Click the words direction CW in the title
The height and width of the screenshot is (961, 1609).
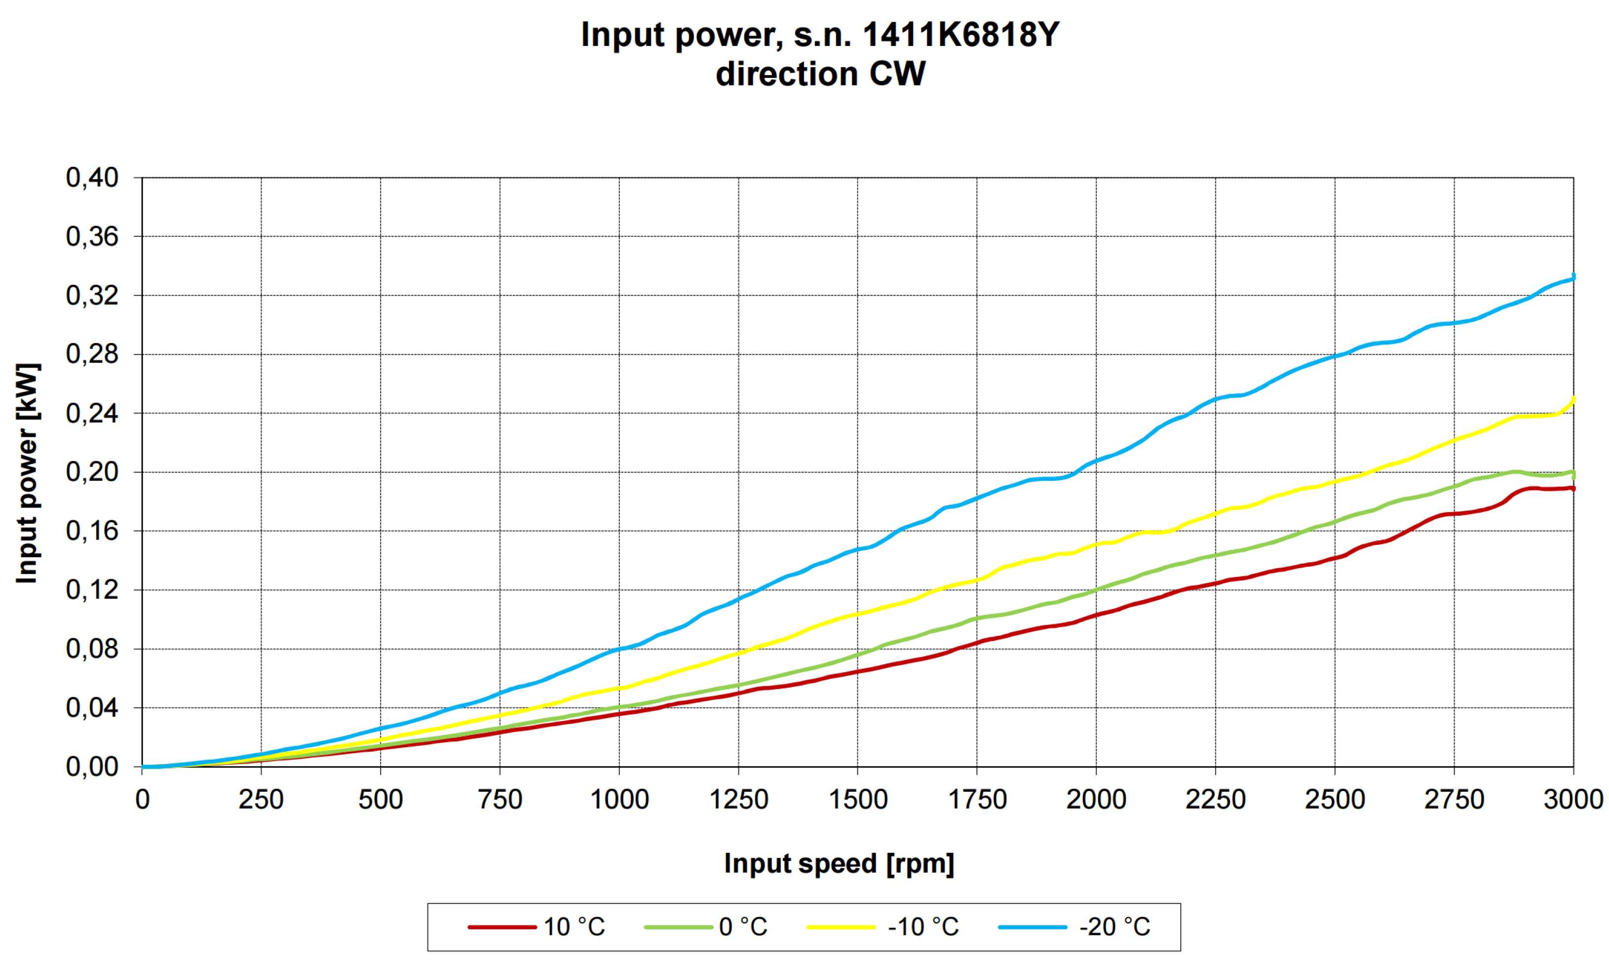(x=820, y=75)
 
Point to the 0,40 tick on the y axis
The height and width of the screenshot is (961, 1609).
(x=93, y=177)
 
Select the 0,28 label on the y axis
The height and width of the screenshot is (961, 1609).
(x=93, y=354)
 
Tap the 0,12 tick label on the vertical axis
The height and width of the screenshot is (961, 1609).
(x=93, y=590)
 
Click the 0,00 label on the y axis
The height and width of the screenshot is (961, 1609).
(x=93, y=767)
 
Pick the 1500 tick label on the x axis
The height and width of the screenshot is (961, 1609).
(x=858, y=800)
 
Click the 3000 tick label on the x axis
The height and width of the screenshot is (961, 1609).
(x=1573, y=800)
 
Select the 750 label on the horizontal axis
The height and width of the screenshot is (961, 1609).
(x=500, y=800)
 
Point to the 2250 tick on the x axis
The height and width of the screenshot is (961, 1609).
(x=1215, y=800)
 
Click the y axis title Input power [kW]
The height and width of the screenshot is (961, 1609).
(x=28, y=473)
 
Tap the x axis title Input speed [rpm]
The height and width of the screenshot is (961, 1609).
(x=839, y=864)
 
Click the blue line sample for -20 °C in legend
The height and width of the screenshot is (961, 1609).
(x=1032, y=926)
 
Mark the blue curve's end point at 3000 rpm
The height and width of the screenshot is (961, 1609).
(x=1573, y=278)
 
